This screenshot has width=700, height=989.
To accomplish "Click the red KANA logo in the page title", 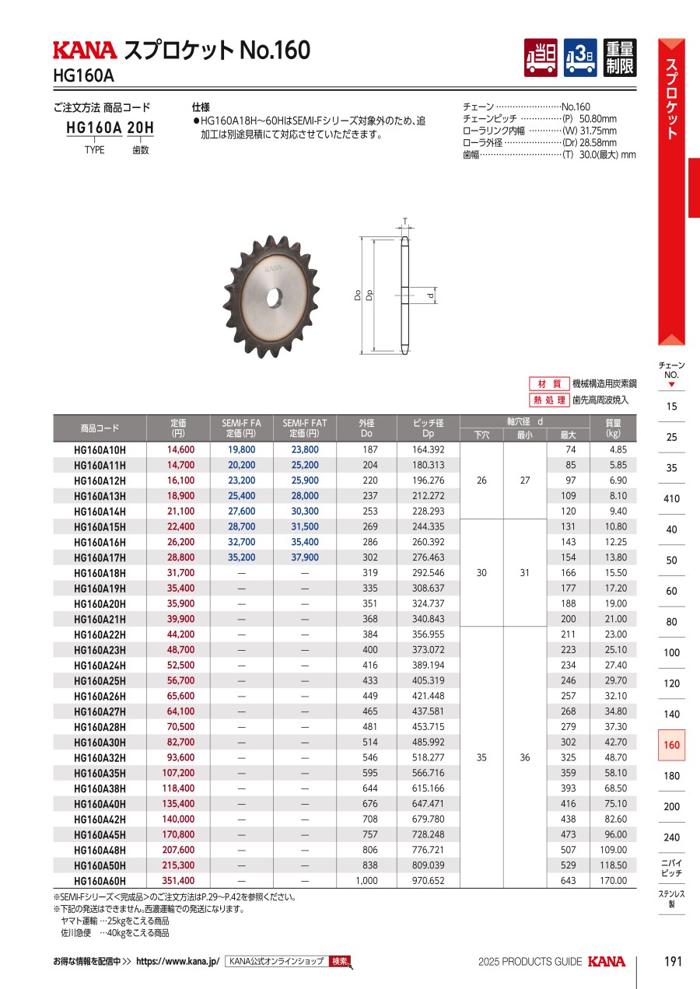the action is (86, 51).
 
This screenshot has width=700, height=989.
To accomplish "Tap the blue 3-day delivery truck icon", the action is (580, 58).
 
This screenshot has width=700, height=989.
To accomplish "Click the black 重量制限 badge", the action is (620, 58).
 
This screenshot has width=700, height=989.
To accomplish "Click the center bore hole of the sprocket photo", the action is (275, 298).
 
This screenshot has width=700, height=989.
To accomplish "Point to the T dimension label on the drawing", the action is (404, 221).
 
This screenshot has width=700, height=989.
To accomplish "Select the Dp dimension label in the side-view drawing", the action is (369, 295).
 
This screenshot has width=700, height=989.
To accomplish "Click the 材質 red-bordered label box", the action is (549, 383).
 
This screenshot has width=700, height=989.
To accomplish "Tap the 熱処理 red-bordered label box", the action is (549, 400).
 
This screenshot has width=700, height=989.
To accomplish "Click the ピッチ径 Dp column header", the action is (428, 428).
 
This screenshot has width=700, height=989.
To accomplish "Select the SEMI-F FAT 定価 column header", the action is (305, 428).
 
